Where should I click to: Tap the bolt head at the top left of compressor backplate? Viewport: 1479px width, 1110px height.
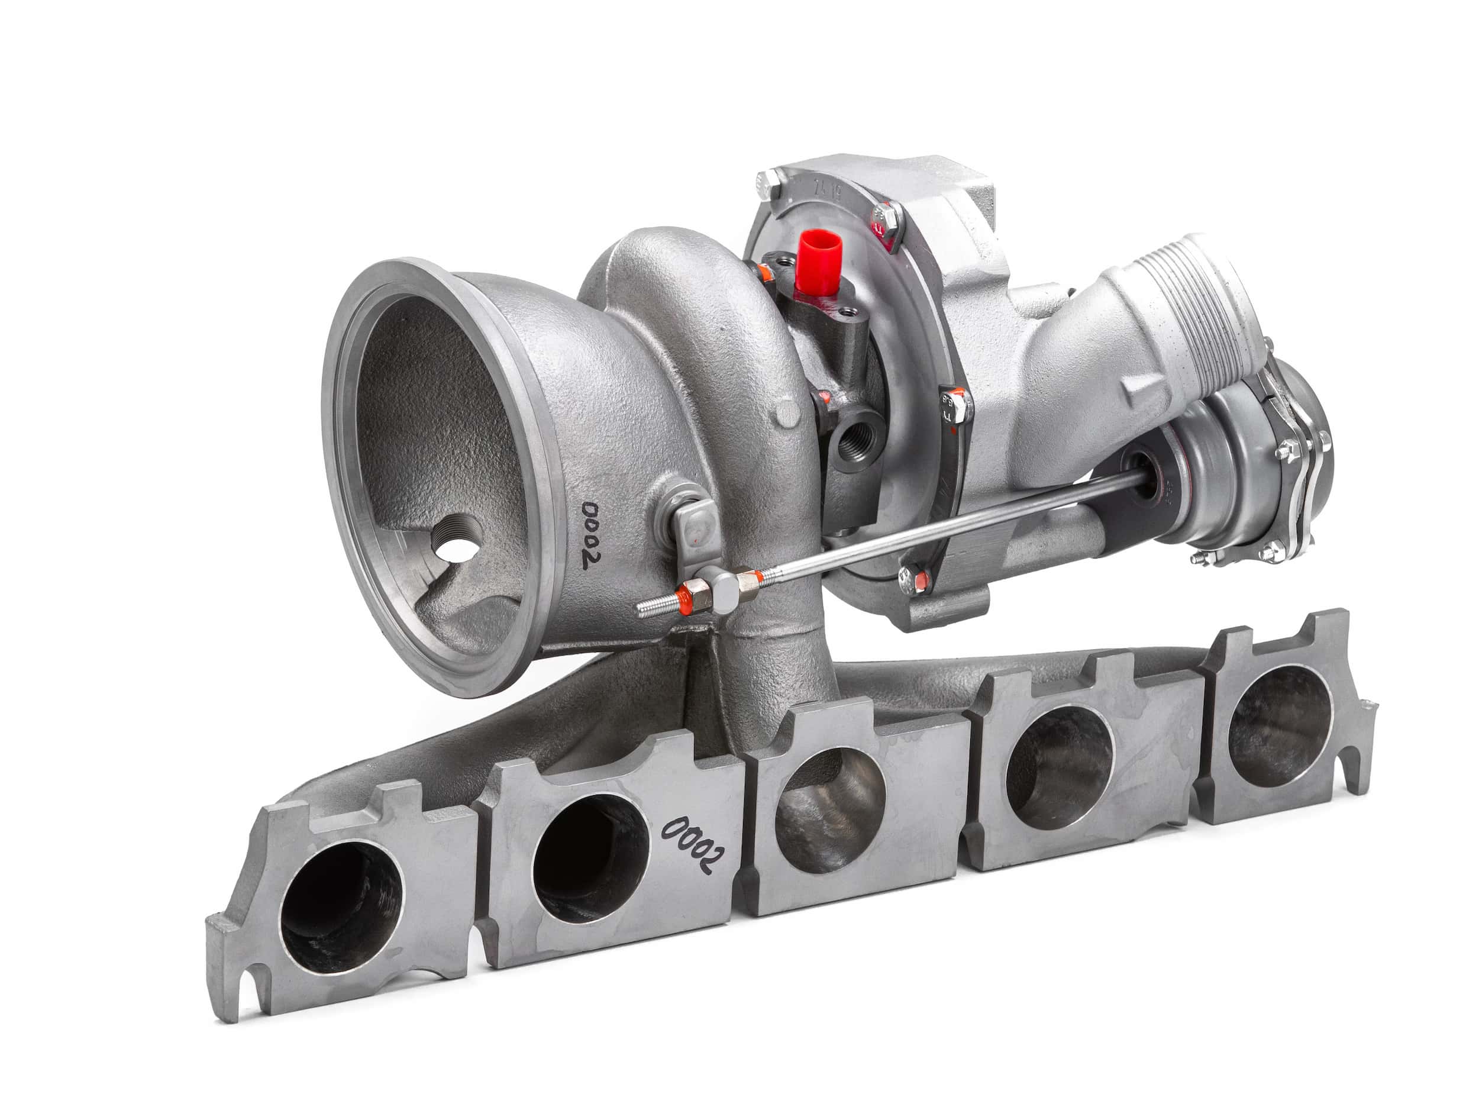769,183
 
